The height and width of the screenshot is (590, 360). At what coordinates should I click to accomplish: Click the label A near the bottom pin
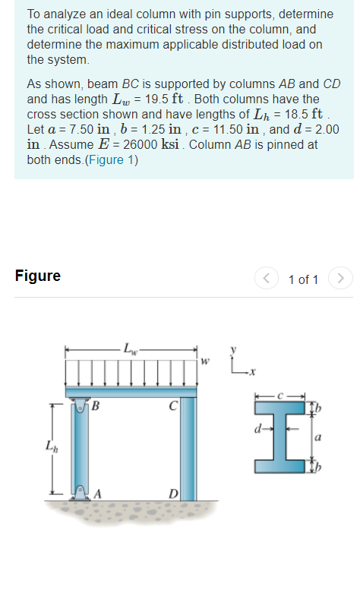[x=98, y=494]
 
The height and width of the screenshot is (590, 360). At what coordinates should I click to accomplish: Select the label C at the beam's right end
[x=174, y=405]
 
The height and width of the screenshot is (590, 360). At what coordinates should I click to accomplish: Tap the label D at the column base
[x=174, y=495]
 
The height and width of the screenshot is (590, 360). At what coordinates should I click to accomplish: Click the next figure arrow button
[x=343, y=279]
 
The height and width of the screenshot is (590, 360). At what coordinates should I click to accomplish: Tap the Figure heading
[x=38, y=276]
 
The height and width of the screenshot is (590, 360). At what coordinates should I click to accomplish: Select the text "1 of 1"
[x=304, y=279]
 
